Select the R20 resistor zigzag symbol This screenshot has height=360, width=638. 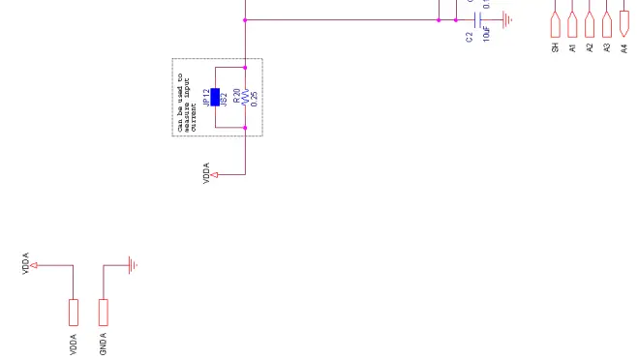pos(246,97)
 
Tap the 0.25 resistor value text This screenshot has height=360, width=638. pos(254,97)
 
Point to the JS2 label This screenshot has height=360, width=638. pos(224,97)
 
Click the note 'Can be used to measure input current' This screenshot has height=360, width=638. pos(185,97)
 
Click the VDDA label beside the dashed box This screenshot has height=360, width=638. pos(207,174)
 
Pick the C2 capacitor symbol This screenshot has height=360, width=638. pos(477,19)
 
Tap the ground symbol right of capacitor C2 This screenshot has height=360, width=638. pos(506,19)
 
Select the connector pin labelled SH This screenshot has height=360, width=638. pos(556,23)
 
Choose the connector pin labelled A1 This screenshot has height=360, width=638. pos(572,23)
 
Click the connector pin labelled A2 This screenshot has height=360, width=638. pos(590,23)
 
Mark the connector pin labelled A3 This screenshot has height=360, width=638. pos(606,23)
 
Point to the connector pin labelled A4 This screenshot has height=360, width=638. pos(623,23)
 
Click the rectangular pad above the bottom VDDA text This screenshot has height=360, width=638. pos(73,312)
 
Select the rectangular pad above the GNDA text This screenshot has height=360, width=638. pos(104,312)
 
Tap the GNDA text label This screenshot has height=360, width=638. pos(104,344)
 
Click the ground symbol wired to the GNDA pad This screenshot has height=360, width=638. pos(133,264)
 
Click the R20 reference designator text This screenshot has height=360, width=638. pos(236,97)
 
